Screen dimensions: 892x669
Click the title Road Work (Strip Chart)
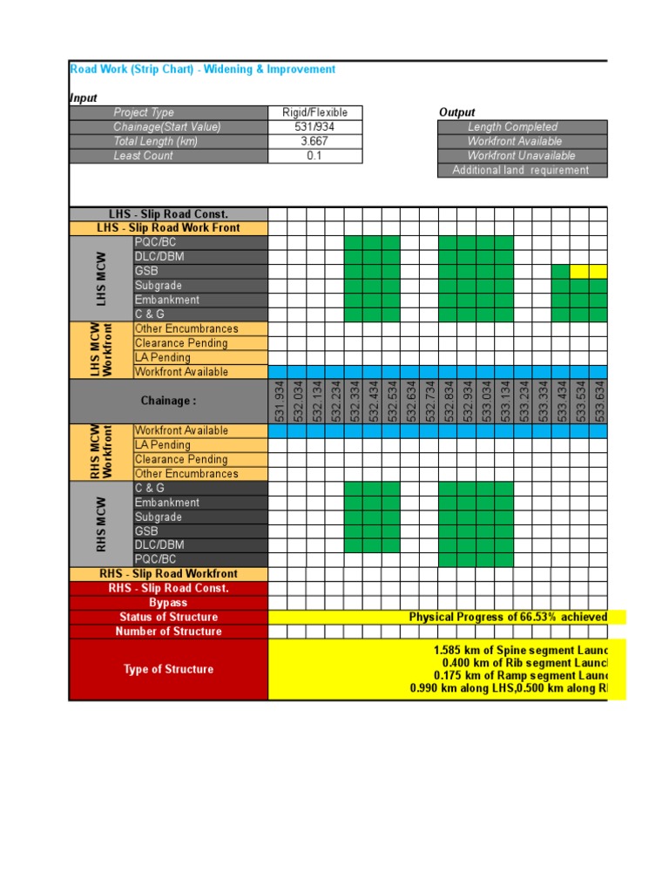coord(202,69)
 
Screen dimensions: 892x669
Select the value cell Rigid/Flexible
coord(314,112)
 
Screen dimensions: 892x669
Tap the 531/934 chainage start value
coord(314,127)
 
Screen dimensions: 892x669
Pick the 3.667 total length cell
coord(314,141)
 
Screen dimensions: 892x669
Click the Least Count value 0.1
coord(314,156)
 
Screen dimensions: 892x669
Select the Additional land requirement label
coord(521,171)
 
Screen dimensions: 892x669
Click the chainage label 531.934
coord(279,401)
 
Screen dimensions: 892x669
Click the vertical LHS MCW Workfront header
coord(102,350)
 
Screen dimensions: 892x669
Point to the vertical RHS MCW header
coord(102,524)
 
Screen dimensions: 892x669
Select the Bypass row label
coord(168,603)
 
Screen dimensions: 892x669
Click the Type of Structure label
coord(168,669)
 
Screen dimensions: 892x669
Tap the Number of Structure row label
coord(168,632)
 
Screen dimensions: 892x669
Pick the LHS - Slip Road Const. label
coord(168,214)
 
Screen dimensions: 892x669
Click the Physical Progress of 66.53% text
coord(508,618)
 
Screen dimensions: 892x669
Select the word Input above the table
coord(84,98)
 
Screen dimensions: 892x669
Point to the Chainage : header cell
coord(168,401)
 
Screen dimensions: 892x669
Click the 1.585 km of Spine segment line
coord(519,651)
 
